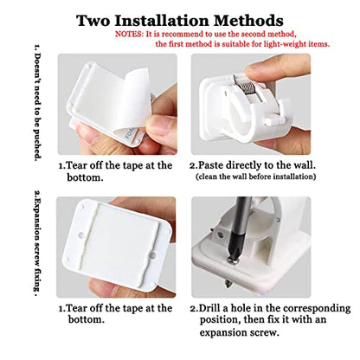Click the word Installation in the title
163,21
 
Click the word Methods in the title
248,21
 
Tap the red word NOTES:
129,34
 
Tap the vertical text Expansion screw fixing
37,244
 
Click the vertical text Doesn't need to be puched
37,103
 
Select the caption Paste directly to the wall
253,165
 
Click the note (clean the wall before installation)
255,177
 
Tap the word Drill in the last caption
209,308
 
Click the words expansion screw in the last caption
240,332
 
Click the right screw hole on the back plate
152,255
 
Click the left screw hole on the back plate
81,235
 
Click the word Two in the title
93,21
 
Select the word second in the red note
254,34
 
